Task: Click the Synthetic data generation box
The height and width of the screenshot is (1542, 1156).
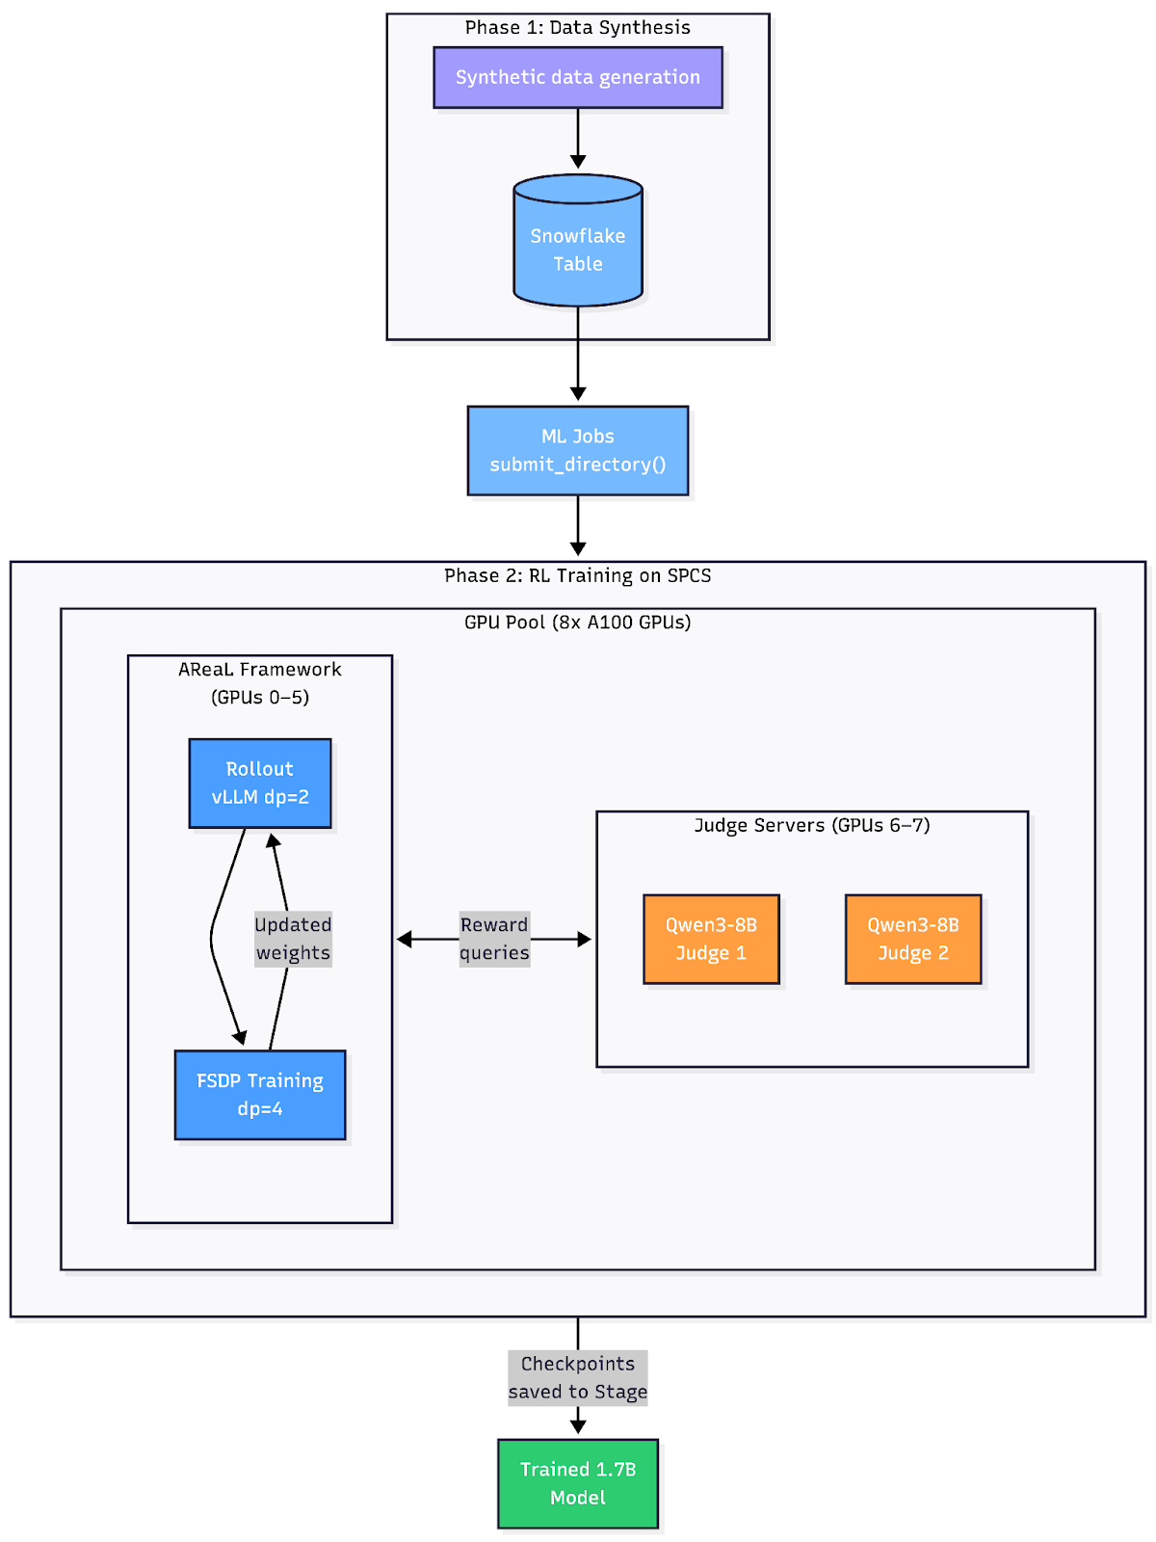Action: (x=578, y=77)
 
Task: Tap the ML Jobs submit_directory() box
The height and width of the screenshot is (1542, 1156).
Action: (x=578, y=450)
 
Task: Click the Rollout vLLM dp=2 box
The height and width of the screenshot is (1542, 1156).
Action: (x=260, y=783)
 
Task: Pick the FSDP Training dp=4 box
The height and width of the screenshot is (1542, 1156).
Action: (x=260, y=1095)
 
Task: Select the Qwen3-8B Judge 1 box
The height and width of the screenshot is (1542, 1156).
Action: (x=711, y=939)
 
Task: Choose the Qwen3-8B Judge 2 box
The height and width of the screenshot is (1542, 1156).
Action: (x=913, y=939)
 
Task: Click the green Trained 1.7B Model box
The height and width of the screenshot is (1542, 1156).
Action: (x=578, y=1483)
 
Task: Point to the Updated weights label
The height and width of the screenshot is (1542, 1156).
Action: (x=293, y=939)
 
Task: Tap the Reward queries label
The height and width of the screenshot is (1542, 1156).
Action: (x=494, y=939)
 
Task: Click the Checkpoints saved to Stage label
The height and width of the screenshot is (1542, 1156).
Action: (x=578, y=1377)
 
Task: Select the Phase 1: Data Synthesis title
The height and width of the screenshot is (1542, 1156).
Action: (x=578, y=27)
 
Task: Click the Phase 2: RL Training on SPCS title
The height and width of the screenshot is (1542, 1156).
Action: (x=578, y=575)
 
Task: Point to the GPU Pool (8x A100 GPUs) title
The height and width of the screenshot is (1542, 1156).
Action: (x=578, y=622)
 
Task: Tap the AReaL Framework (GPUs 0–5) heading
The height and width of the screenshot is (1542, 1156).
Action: (x=260, y=682)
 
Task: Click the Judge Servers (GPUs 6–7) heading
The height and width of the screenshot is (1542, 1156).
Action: (x=812, y=825)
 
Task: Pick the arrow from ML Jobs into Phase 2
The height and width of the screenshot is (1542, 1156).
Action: (x=578, y=525)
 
